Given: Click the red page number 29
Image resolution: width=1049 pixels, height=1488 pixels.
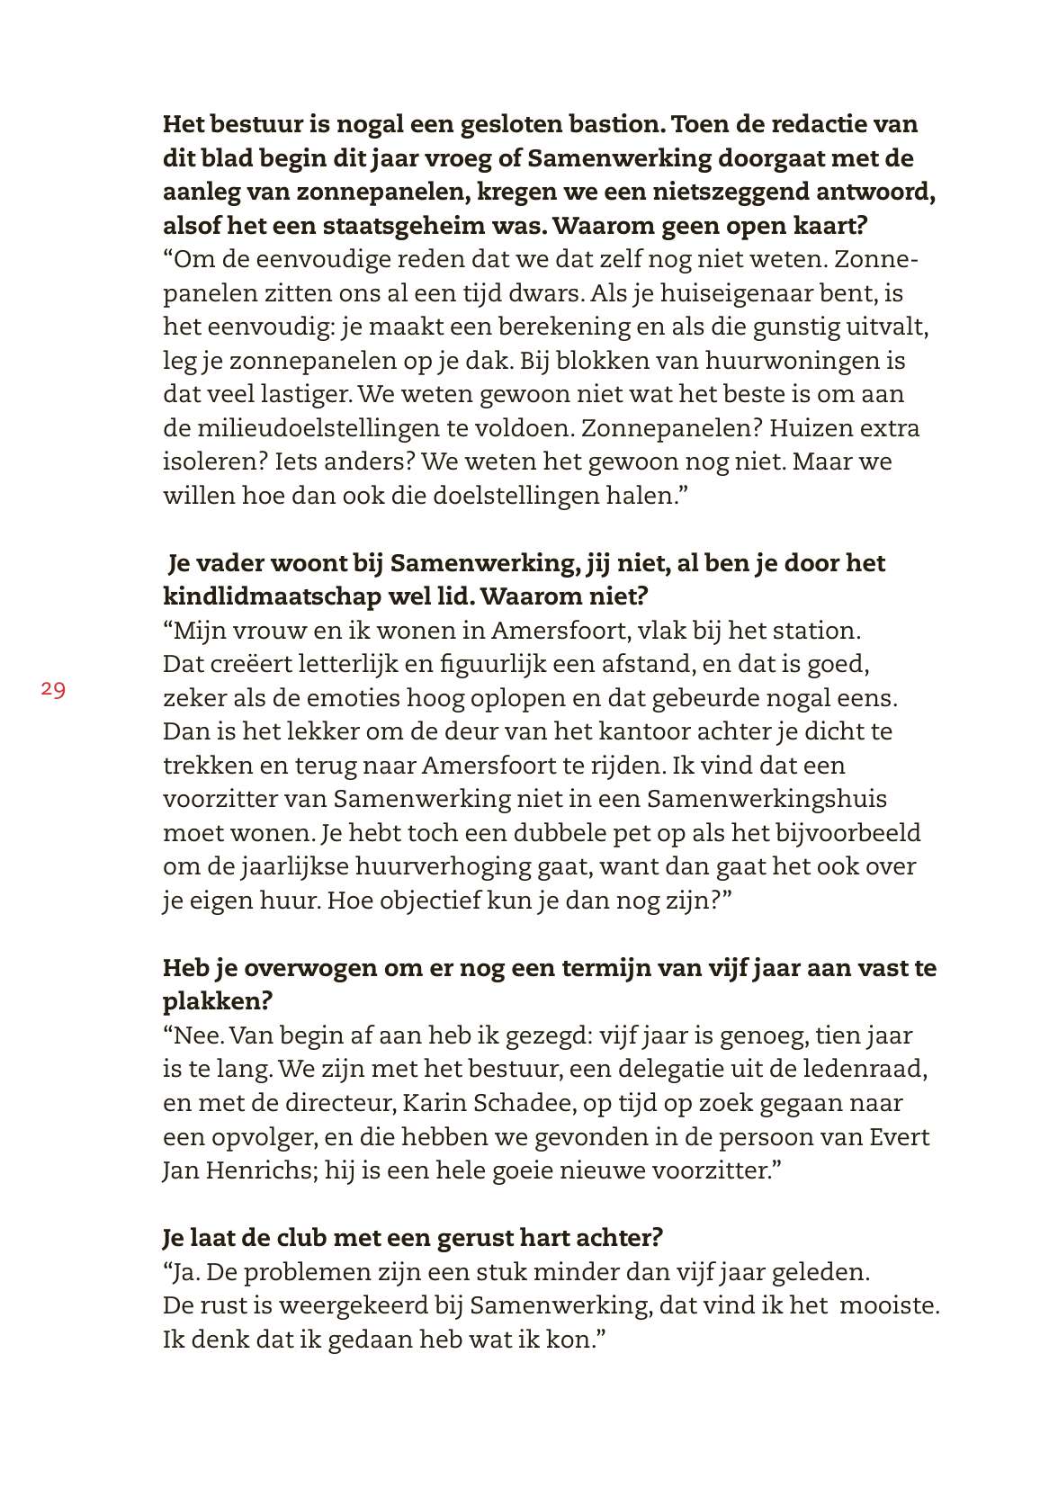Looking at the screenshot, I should (x=52, y=690).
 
